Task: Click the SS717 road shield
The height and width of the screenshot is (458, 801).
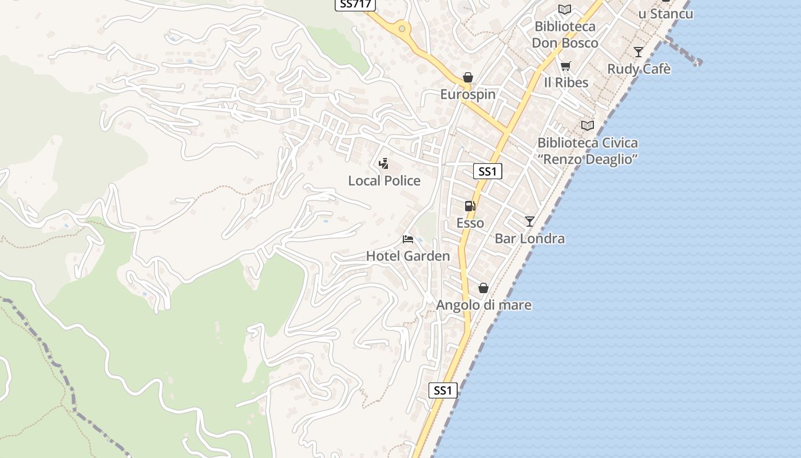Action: [355, 4]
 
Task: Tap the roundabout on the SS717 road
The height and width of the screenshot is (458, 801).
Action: [402, 28]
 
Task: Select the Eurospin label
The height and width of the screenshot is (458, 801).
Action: [467, 94]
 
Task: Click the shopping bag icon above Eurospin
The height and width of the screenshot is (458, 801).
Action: [468, 77]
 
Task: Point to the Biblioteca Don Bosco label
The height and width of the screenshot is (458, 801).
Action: [565, 34]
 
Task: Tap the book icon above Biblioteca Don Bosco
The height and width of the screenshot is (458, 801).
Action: [565, 9]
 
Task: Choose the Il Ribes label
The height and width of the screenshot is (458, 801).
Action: [566, 82]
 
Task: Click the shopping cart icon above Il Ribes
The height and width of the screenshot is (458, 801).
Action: [566, 66]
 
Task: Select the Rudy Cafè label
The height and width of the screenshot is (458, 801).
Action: [639, 69]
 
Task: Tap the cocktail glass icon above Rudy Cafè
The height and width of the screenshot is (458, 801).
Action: [639, 52]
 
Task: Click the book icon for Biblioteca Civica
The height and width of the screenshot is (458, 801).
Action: [588, 125]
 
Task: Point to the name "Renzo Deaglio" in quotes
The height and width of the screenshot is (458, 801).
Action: [588, 159]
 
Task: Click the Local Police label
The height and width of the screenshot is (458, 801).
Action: [384, 181]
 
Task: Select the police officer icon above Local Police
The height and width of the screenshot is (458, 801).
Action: [384, 164]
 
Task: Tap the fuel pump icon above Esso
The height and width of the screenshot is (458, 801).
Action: [470, 206]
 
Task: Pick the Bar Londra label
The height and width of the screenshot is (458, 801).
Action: [529, 239]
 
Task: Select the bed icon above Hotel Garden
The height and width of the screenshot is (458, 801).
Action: [408, 239]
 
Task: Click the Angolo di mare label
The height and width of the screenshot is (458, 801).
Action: [483, 305]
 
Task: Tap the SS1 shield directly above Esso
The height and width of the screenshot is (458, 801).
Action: [487, 171]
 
